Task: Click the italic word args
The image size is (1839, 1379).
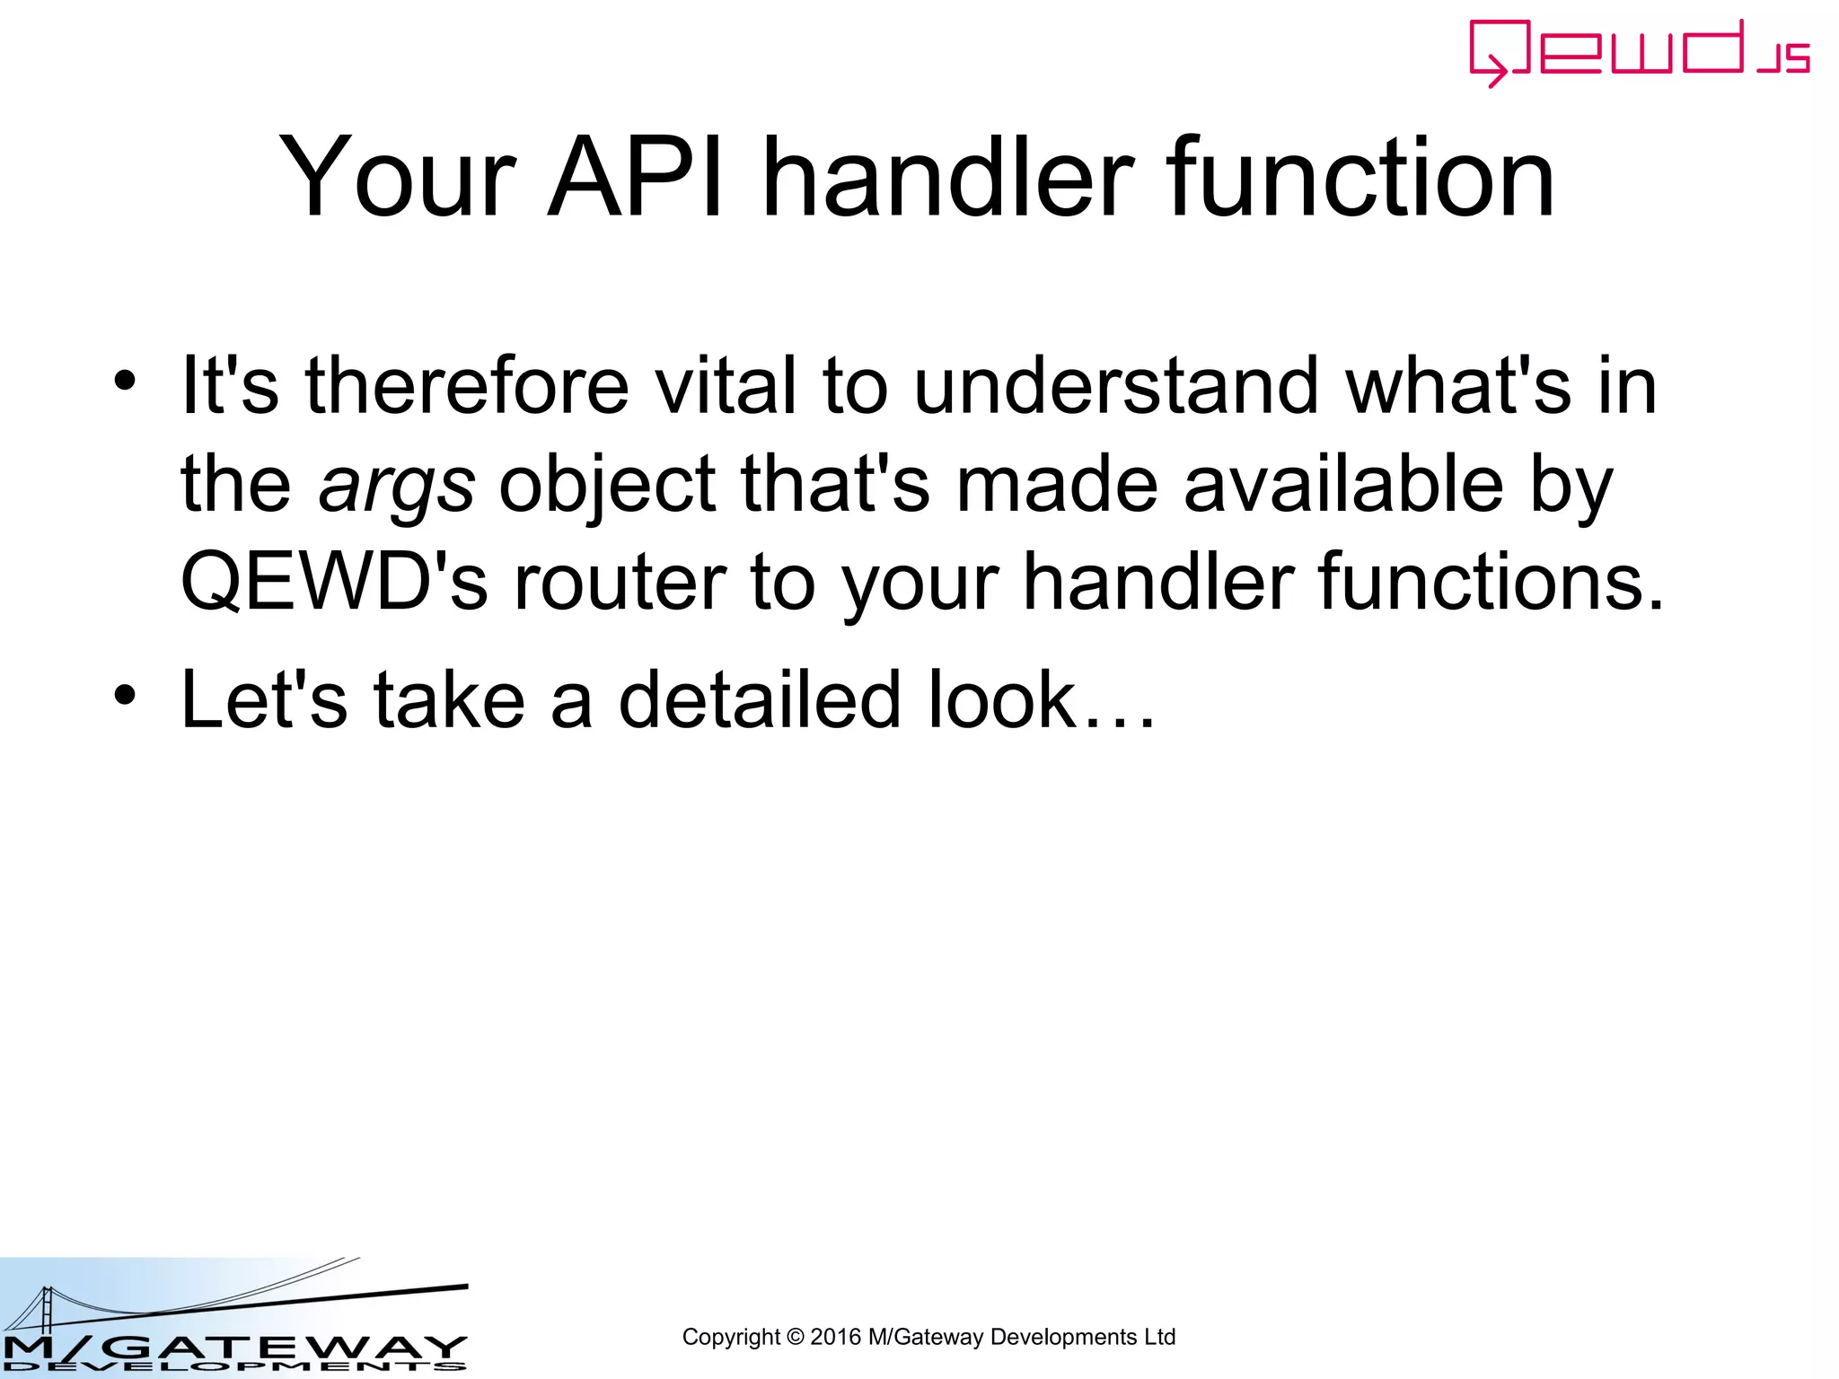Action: pyautogui.click(x=396, y=486)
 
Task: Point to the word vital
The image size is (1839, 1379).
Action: pyautogui.click(x=726, y=386)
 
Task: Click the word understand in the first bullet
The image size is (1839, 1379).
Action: pyautogui.click(x=1116, y=386)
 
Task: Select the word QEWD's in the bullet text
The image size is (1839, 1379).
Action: pyautogui.click(x=334, y=582)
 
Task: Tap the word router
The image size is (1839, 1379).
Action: pyautogui.click(x=620, y=582)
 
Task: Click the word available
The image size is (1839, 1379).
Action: pyautogui.click(x=1343, y=484)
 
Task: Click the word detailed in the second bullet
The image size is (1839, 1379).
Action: pyautogui.click(x=759, y=700)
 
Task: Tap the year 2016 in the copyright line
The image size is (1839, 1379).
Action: pyautogui.click(x=835, y=1337)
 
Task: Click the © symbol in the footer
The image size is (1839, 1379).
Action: pyautogui.click(x=795, y=1337)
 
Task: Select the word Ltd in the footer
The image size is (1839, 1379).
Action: pyautogui.click(x=1158, y=1337)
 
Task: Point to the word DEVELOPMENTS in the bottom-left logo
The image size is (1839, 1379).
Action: pyautogui.click(x=233, y=1367)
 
